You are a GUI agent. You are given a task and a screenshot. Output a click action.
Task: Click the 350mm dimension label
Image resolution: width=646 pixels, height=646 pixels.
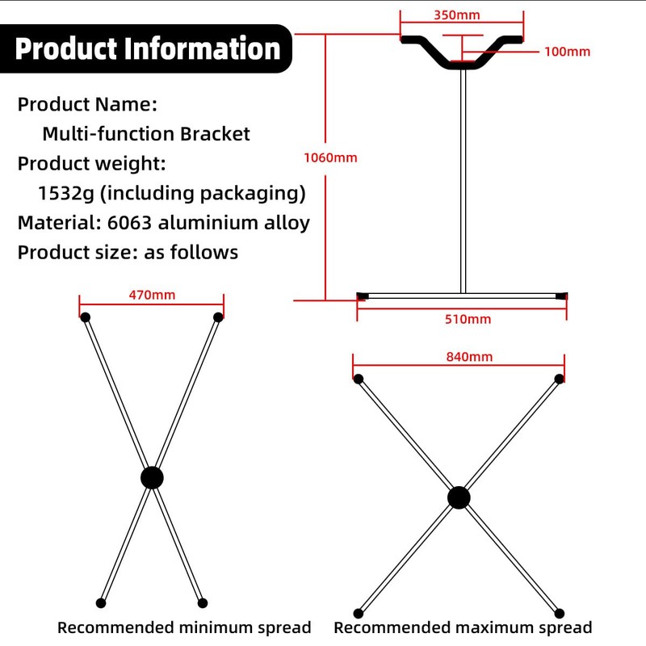coord(457,15)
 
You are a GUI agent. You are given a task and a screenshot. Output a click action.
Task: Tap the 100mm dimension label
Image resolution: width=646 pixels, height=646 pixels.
coord(568,52)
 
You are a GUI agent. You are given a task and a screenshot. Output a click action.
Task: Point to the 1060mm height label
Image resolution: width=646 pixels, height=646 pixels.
coord(330,157)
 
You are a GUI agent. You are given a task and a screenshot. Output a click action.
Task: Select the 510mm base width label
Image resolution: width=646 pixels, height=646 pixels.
coord(468,319)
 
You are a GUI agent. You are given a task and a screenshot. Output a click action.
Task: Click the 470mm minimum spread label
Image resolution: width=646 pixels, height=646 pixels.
coord(152,295)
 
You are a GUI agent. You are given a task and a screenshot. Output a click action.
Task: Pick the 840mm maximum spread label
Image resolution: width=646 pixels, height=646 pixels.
coord(469,357)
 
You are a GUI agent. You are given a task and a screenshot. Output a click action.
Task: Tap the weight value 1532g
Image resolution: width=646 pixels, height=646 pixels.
coord(66,193)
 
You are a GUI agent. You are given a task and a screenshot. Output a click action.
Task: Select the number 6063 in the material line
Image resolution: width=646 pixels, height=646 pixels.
coord(129,223)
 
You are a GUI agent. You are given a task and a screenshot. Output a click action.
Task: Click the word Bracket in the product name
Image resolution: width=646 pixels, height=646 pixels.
coord(215,134)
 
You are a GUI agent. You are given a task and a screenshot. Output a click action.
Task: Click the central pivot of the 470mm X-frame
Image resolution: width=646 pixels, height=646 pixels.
coord(152,478)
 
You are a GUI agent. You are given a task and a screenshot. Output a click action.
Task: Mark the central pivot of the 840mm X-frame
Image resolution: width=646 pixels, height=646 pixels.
coord(459,497)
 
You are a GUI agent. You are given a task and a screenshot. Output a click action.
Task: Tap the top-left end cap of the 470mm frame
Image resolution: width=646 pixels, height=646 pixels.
coord(86,317)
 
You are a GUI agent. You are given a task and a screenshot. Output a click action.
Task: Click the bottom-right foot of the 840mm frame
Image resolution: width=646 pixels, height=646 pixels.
coord(559,614)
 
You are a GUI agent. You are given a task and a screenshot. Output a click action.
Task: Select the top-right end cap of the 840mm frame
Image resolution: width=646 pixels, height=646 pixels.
coord(559,379)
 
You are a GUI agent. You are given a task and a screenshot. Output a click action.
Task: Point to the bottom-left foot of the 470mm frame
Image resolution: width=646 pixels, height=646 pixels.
coord(101,603)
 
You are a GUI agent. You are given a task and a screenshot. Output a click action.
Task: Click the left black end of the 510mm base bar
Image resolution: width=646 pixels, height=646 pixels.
coord(363,296)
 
